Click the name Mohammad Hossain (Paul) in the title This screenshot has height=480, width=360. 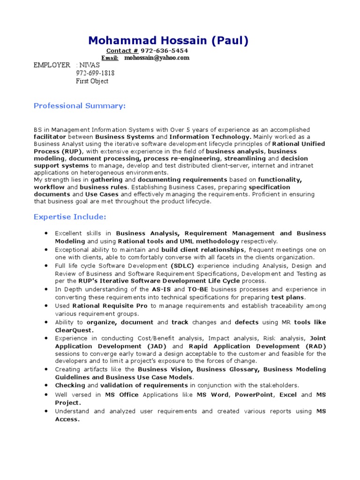[x=168, y=41]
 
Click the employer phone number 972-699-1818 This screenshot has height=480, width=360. [x=95, y=73]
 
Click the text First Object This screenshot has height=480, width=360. [x=92, y=81]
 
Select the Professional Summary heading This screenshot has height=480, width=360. [x=80, y=106]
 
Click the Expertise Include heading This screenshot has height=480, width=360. [x=70, y=217]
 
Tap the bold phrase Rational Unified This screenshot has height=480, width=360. [x=298, y=144]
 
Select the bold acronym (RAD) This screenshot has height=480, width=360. [x=316, y=346]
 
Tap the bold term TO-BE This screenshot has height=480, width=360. [x=198, y=289]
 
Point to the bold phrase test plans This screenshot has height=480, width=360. [x=288, y=297]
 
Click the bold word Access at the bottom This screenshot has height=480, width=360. [x=67, y=419]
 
